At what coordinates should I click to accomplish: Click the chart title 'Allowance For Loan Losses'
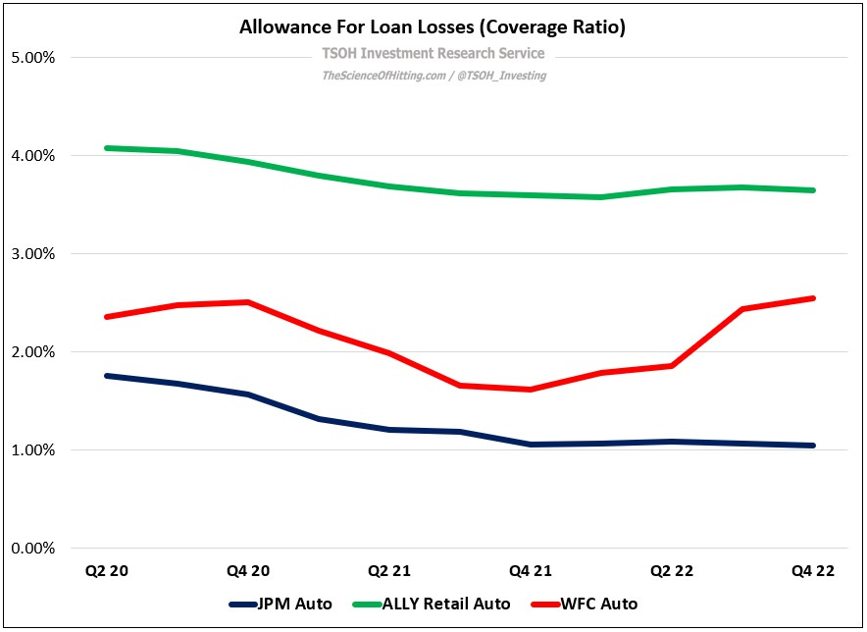pos(433,27)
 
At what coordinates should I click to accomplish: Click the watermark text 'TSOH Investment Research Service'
pos(433,54)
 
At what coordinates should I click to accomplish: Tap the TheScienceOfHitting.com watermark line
pos(433,75)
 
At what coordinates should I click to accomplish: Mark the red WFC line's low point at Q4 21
pos(531,390)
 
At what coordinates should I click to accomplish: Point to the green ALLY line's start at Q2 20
pos(106,148)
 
